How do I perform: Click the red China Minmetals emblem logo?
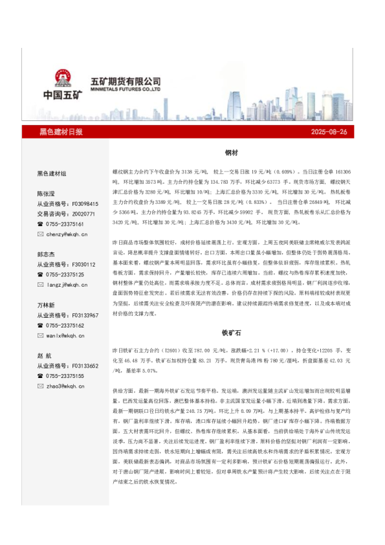point(63,77)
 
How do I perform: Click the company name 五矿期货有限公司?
point(125,82)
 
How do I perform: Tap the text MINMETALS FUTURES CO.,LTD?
point(125,91)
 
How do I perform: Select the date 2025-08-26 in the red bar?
point(329,132)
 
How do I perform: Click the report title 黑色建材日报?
point(61,132)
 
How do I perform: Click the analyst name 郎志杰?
point(45,254)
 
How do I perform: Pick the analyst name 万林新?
point(45,305)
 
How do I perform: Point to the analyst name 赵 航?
point(45,355)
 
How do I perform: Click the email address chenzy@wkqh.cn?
point(67,234)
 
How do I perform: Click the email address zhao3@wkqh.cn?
point(65,386)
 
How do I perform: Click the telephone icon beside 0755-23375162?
point(40,326)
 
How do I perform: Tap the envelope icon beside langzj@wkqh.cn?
point(40,285)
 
